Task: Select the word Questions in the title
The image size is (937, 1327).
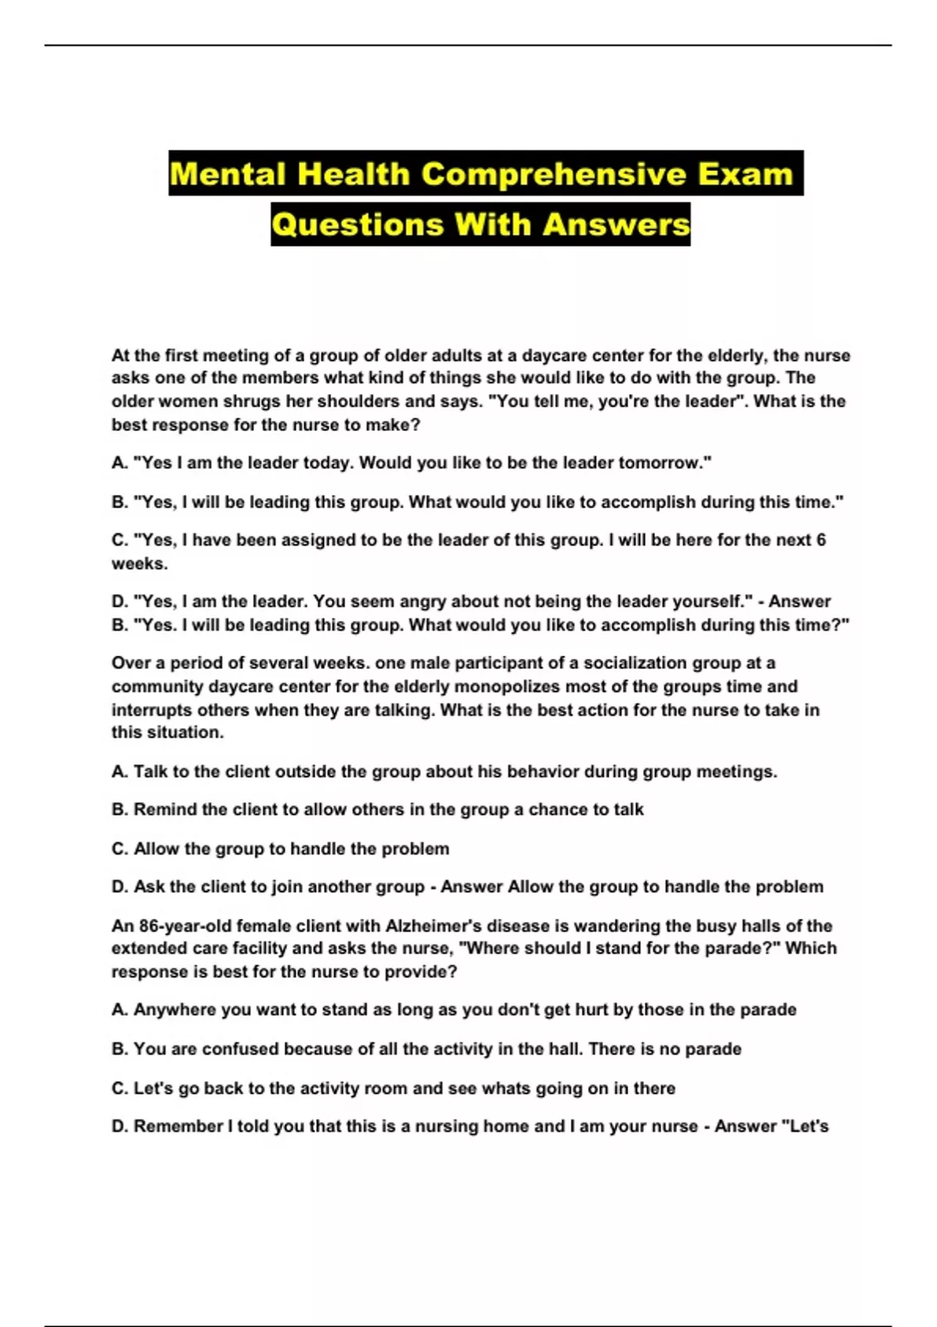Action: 358,225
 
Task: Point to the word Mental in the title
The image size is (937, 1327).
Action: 228,173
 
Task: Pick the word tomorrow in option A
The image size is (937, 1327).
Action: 664,463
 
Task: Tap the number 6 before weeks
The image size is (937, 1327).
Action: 821,540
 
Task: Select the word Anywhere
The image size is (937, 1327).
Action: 175,1010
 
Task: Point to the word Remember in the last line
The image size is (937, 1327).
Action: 178,1126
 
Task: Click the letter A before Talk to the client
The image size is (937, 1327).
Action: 119,772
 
